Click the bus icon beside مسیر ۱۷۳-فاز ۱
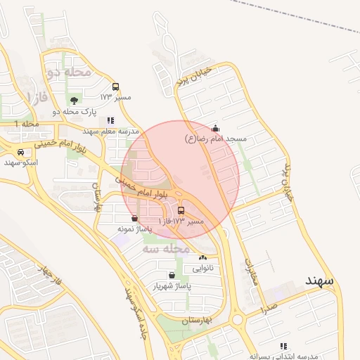click(x=181, y=211)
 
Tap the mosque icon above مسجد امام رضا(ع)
click(x=215, y=129)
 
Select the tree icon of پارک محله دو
click(x=75, y=101)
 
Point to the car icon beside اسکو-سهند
click(x=21, y=152)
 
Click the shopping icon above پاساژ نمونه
click(x=134, y=218)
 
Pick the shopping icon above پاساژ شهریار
click(x=172, y=275)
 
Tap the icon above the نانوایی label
click(x=202, y=258)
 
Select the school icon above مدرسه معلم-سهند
click(x=110, y=120)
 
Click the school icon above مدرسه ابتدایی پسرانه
click(x=283, y=346)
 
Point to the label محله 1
click(x=26, y=124)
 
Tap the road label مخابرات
click(x=252, y=269)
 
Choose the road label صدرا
click(x=269, y=308)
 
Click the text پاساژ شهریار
click(x=172, y=287)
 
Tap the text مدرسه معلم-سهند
click(x=111, y=131)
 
